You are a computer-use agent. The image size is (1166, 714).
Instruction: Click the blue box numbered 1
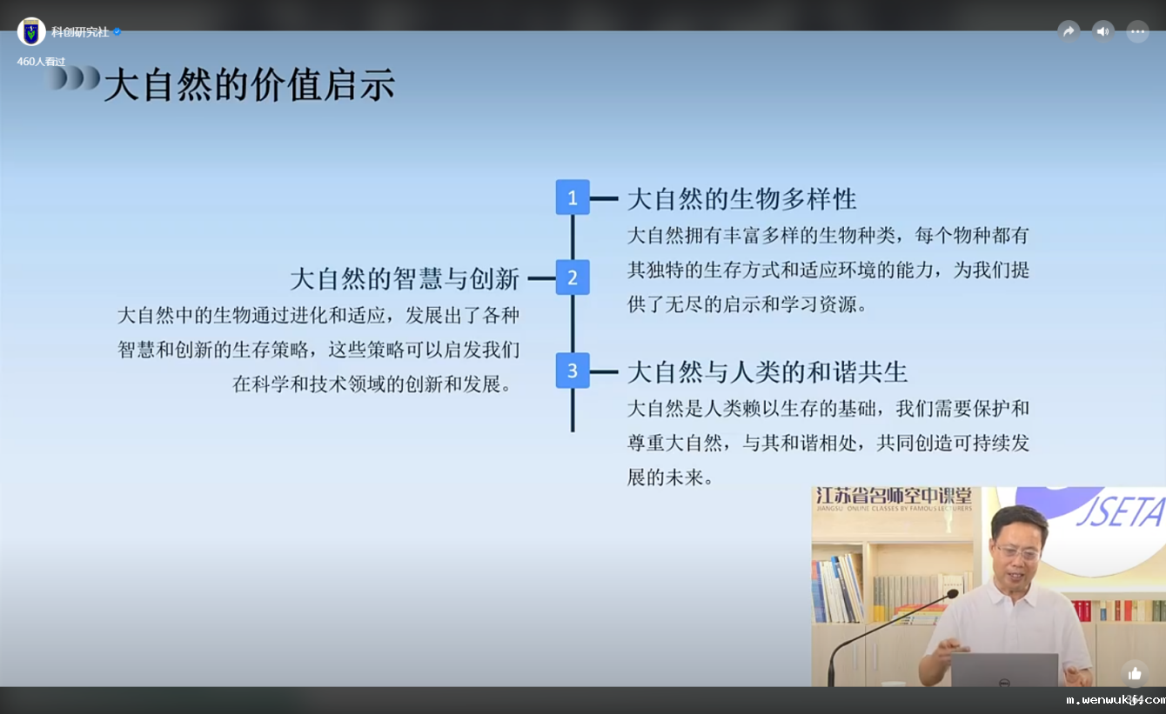click(x=573, y=197)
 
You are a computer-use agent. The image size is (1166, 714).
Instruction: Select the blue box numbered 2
click(x=573, y=277)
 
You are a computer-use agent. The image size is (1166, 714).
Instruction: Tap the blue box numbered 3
click(x=573, y=370)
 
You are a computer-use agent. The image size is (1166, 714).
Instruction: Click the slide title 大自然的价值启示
click(x=250, y=84)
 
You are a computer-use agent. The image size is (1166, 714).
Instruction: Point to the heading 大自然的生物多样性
click(x=741, y=199)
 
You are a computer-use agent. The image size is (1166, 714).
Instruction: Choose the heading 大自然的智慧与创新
click(x=405, y=278)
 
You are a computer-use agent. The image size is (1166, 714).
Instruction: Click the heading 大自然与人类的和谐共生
click(x=767, y=372)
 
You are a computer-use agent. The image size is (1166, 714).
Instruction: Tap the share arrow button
click(x=1069, y=32)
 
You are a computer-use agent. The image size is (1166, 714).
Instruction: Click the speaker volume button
click(x=1103, y=32)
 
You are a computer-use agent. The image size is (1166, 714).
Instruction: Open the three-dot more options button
click(x=1138, y=32)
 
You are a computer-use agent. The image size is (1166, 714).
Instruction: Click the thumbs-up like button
click(x=1135, y=674)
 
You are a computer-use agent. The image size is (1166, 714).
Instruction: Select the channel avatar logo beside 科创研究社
click(x=31, y=32)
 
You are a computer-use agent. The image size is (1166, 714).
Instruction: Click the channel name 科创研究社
click(x=80, y=32)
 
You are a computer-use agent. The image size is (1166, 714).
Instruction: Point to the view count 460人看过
click(x=41, y=62)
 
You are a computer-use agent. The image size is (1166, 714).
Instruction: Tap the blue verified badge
click(x=117, y=32)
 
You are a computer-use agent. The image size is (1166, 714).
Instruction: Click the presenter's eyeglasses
click(x=1018, y=551)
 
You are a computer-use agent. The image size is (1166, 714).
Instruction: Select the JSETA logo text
click(x=1119, y=511)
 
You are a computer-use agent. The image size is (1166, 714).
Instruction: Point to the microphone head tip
click(x=952, y=594)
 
